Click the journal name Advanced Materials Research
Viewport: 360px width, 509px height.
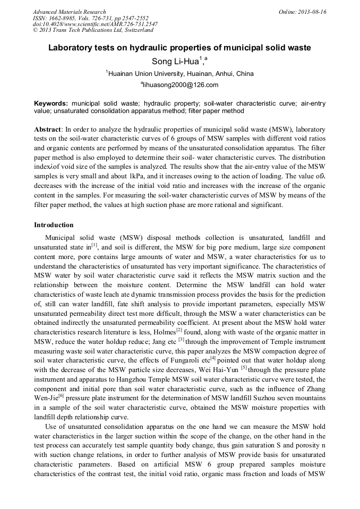click(x=69, y=12)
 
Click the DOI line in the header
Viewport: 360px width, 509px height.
click(x=95, y=24)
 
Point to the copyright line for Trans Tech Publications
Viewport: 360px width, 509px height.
click(x=93, y=31)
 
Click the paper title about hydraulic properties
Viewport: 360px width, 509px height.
click(x=179, y=48)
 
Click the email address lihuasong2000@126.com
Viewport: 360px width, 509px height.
click(x=180, y=85)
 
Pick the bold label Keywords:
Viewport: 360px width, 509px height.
click(x=51, y=103)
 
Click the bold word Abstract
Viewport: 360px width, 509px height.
click(x=47, y=129)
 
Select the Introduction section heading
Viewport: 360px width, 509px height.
click(x=54, y=225)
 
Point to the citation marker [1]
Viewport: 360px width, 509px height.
click(x=94, y=245)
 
